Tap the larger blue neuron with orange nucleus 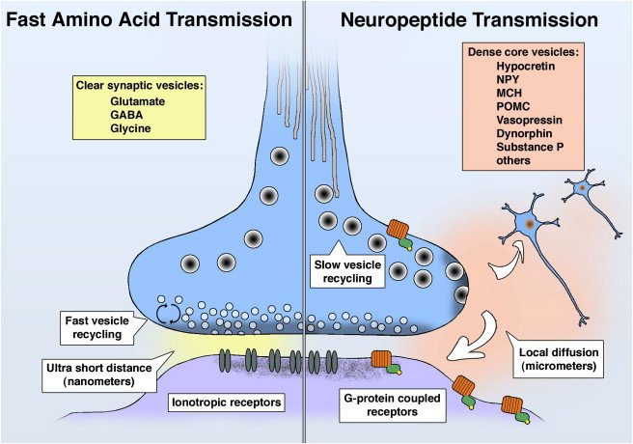click(x=528, y=222)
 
